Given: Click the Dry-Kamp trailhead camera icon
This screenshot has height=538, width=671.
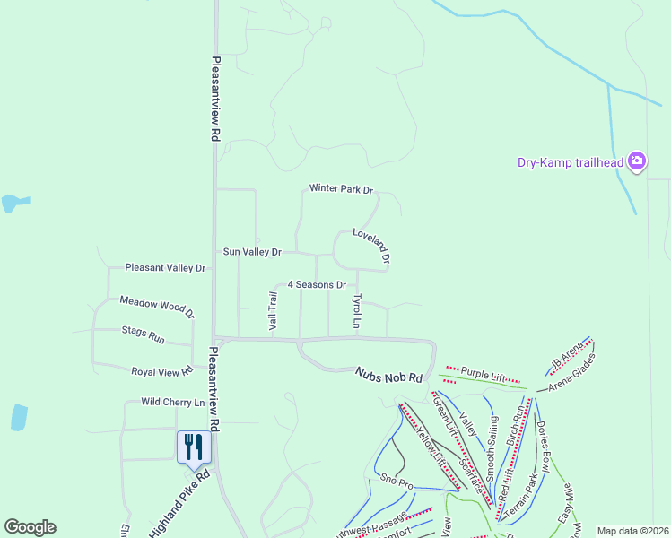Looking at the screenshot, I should tap(637, 161).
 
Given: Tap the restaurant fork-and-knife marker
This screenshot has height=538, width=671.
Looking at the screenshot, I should tap(194, 446).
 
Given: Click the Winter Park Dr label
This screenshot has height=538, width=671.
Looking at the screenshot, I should tap(341, 189).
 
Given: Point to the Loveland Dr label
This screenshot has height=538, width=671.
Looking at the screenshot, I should tap(371, 245).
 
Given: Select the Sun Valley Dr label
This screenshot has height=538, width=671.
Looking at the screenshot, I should tap(252, 253).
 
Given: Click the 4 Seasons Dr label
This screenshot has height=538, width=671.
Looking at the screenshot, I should tap(317, 284).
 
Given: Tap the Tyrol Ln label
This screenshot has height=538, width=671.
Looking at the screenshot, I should tap(357, 310).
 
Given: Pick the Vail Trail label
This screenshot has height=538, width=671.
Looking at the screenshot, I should tap(273, 311).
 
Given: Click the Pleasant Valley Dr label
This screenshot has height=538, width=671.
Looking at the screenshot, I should tap(166, 267).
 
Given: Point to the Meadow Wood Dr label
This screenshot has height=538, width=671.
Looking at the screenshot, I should tap(157, 307).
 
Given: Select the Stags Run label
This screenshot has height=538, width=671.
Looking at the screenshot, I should tap(144, 333).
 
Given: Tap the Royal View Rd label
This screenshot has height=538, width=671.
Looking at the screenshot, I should tap(162, 370).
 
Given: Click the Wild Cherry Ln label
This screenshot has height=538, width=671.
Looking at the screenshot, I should tap(173, 403).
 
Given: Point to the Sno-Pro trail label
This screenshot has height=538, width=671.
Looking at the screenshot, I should tap(396, 482).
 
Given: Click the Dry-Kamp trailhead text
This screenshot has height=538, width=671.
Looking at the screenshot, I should tap(571, 162).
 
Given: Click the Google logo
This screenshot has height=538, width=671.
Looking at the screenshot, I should tap(30, 527).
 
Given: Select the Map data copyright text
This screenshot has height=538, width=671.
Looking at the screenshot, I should tap(632, 531).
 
